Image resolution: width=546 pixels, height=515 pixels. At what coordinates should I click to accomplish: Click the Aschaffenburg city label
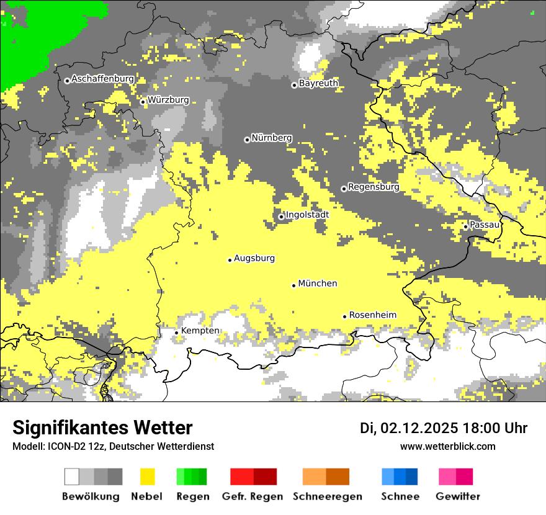click(x=102, y=79)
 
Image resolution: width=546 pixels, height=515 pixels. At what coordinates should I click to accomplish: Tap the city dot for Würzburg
click(x=143, y=102)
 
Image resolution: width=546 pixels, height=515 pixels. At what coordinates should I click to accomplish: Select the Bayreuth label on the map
click(x=318, y=83)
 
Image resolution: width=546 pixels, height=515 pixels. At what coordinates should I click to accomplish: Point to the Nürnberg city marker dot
click(x=247, y=140)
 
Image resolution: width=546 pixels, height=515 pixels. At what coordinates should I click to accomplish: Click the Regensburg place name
click(x=374, y=187)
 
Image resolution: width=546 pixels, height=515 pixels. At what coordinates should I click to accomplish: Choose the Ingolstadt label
click(x=307, y=215)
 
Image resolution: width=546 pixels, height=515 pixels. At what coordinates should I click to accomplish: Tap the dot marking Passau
click(x=465, y=226)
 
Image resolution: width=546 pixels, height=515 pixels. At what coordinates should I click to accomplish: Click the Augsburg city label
click(x=254, y=258)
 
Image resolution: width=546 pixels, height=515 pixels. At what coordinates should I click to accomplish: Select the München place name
click(x=318, y=284)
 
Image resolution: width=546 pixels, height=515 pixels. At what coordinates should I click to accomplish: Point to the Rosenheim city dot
click(x=344, y=316)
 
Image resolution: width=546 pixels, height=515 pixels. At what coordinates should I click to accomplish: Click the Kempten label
click(x=200, y=331)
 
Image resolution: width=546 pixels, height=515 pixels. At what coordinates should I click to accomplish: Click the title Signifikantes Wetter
click(x=102, y=428)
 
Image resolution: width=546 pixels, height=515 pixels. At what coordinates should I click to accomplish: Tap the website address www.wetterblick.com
click(x=448, y=446)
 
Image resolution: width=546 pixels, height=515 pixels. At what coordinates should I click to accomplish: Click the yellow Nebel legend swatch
click(x=148, y=477)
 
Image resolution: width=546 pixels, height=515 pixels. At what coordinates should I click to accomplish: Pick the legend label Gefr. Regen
click(x=253, y=496)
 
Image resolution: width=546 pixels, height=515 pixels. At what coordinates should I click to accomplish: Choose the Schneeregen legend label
click(x=327, y=496)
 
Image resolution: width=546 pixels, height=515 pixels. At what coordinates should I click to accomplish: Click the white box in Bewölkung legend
click(x=72, y=477)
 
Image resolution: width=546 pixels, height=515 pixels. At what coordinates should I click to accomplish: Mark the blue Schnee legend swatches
click(x=400, y=477)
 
